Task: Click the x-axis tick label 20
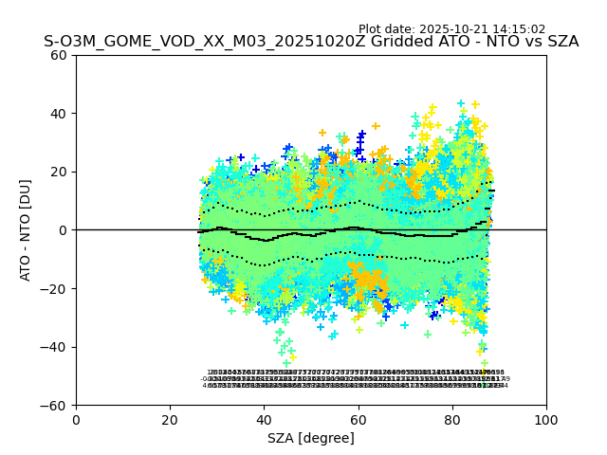point(170,420)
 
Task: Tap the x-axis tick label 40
point(264,420)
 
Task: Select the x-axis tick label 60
point(358,420)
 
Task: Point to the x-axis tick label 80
point(451,420)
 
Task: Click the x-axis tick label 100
point(546,420)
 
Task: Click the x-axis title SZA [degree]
point(311,438)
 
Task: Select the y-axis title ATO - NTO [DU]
point(28,230)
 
